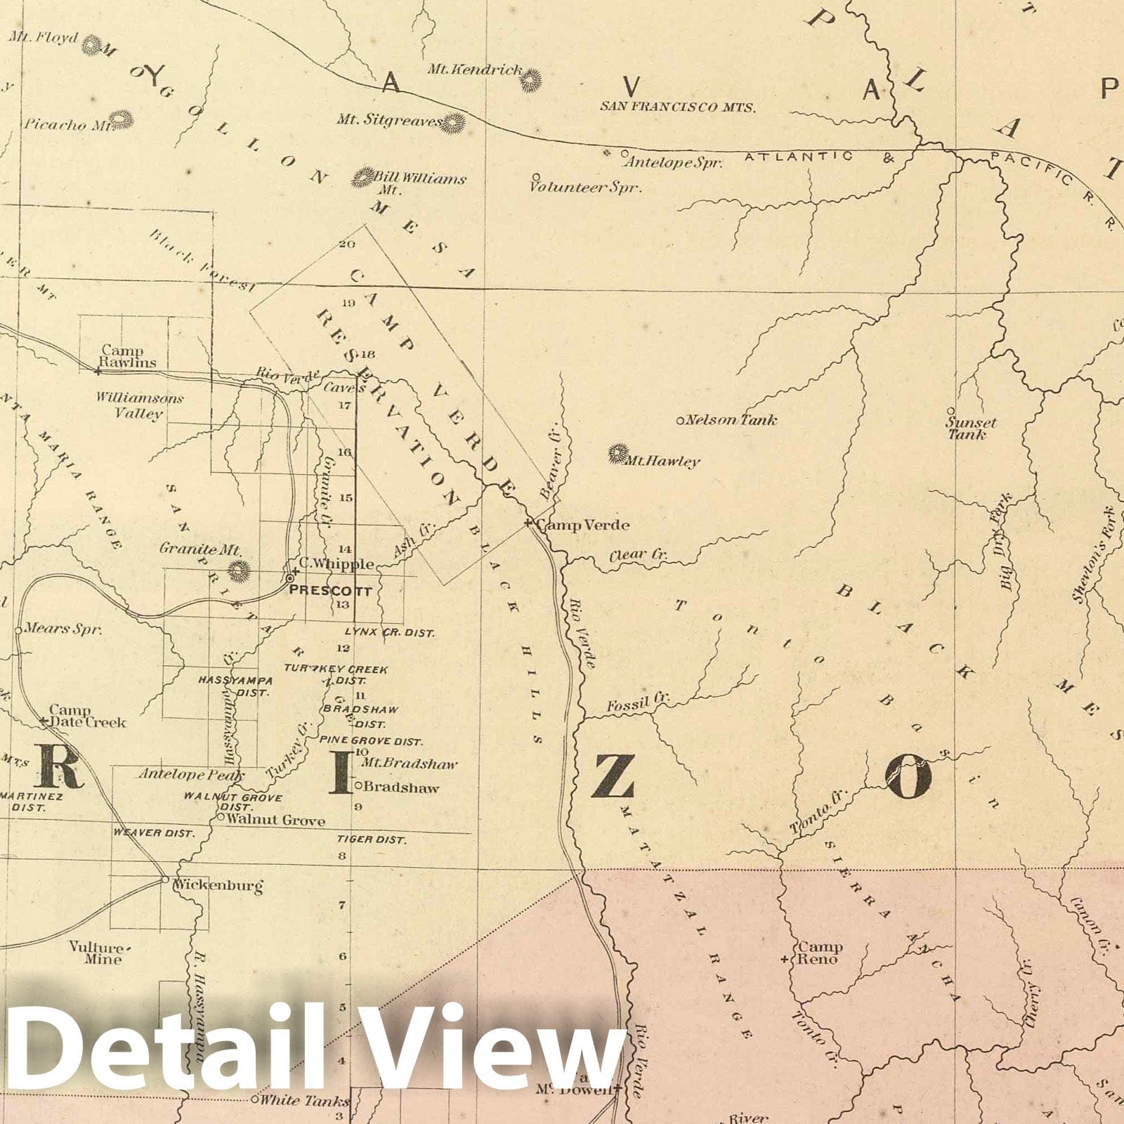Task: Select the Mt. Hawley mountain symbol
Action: point(618,455)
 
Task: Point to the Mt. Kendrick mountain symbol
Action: point(530,81)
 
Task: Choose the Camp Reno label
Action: point(818,953)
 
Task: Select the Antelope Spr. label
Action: point(673,162)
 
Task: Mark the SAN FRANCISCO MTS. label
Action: point(677,107)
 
